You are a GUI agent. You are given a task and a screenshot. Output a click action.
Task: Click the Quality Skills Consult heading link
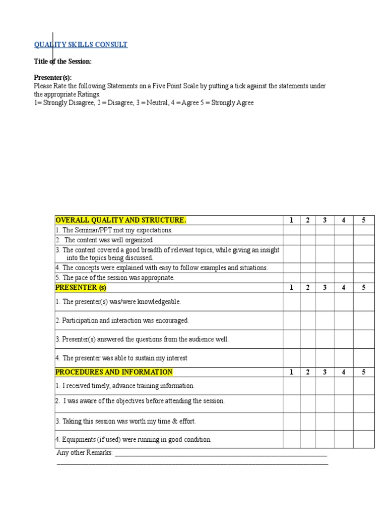click(81, 44)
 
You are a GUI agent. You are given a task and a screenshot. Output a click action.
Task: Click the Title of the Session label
click(62, 61)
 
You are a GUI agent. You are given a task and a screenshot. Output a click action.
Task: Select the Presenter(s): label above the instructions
click(53, 78)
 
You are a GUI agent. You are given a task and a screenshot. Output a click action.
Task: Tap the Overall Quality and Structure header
click(120, 220)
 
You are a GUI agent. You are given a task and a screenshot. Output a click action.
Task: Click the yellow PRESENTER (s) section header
click(81, 288)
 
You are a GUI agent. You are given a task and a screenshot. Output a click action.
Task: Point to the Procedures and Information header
click(113, 372)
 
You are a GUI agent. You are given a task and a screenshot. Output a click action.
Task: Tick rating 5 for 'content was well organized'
click(363, 240)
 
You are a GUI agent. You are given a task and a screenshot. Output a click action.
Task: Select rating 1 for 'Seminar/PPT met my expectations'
click(291, 230)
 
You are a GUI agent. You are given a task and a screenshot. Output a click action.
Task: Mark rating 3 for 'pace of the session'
click(325, 278)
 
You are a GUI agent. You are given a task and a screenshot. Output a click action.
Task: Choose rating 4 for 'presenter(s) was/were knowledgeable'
click(343, 302)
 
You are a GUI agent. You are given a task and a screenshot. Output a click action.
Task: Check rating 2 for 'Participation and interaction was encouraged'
click(307, 321)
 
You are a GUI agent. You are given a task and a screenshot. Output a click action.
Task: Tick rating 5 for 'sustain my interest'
click(363, 358)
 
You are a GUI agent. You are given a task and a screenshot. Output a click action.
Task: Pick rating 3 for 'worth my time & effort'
click(325, 421)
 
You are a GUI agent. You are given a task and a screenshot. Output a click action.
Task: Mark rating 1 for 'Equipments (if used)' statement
click(291, 439)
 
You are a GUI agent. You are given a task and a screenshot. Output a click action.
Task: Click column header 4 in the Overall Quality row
click(343, 220)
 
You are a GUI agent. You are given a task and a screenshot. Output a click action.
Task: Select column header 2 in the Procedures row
click(307, 372)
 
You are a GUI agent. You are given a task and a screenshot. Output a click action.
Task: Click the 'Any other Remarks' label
click(85, 452)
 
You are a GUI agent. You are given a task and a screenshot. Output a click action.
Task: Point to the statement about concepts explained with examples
click(161, 268)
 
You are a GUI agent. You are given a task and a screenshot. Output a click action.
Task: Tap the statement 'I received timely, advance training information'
click(125, 386)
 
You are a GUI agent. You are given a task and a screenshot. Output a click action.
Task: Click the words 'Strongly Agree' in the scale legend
click(232, 103)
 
